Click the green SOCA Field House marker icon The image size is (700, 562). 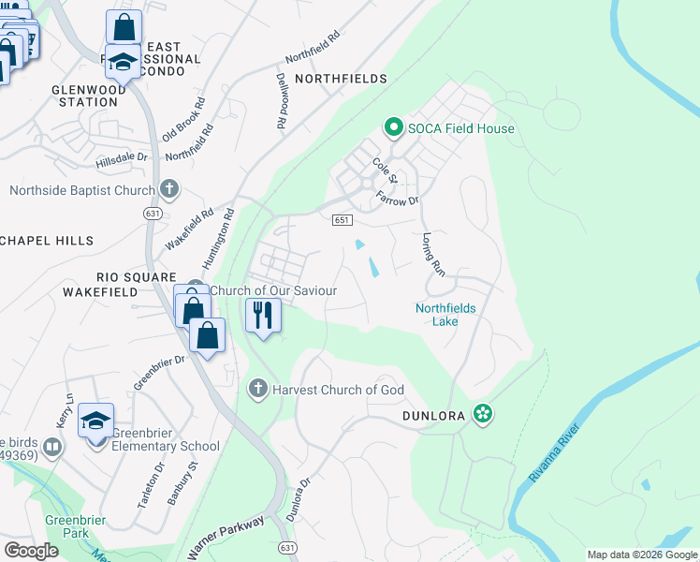point(394,127)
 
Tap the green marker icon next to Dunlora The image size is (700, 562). point(482,413)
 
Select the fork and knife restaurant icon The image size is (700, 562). point(263,314)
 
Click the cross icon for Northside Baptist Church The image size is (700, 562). point(168,190)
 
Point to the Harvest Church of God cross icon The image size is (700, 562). point(258,388)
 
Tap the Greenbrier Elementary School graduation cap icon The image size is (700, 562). point(96,421)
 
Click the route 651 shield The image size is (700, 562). point(342,219)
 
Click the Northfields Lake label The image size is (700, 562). point(445,315)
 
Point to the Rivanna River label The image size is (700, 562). point(555,453)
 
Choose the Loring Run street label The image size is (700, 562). point(432,254)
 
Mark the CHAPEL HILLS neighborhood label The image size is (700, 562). point(47,241)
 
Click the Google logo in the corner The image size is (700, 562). point(32,551)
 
